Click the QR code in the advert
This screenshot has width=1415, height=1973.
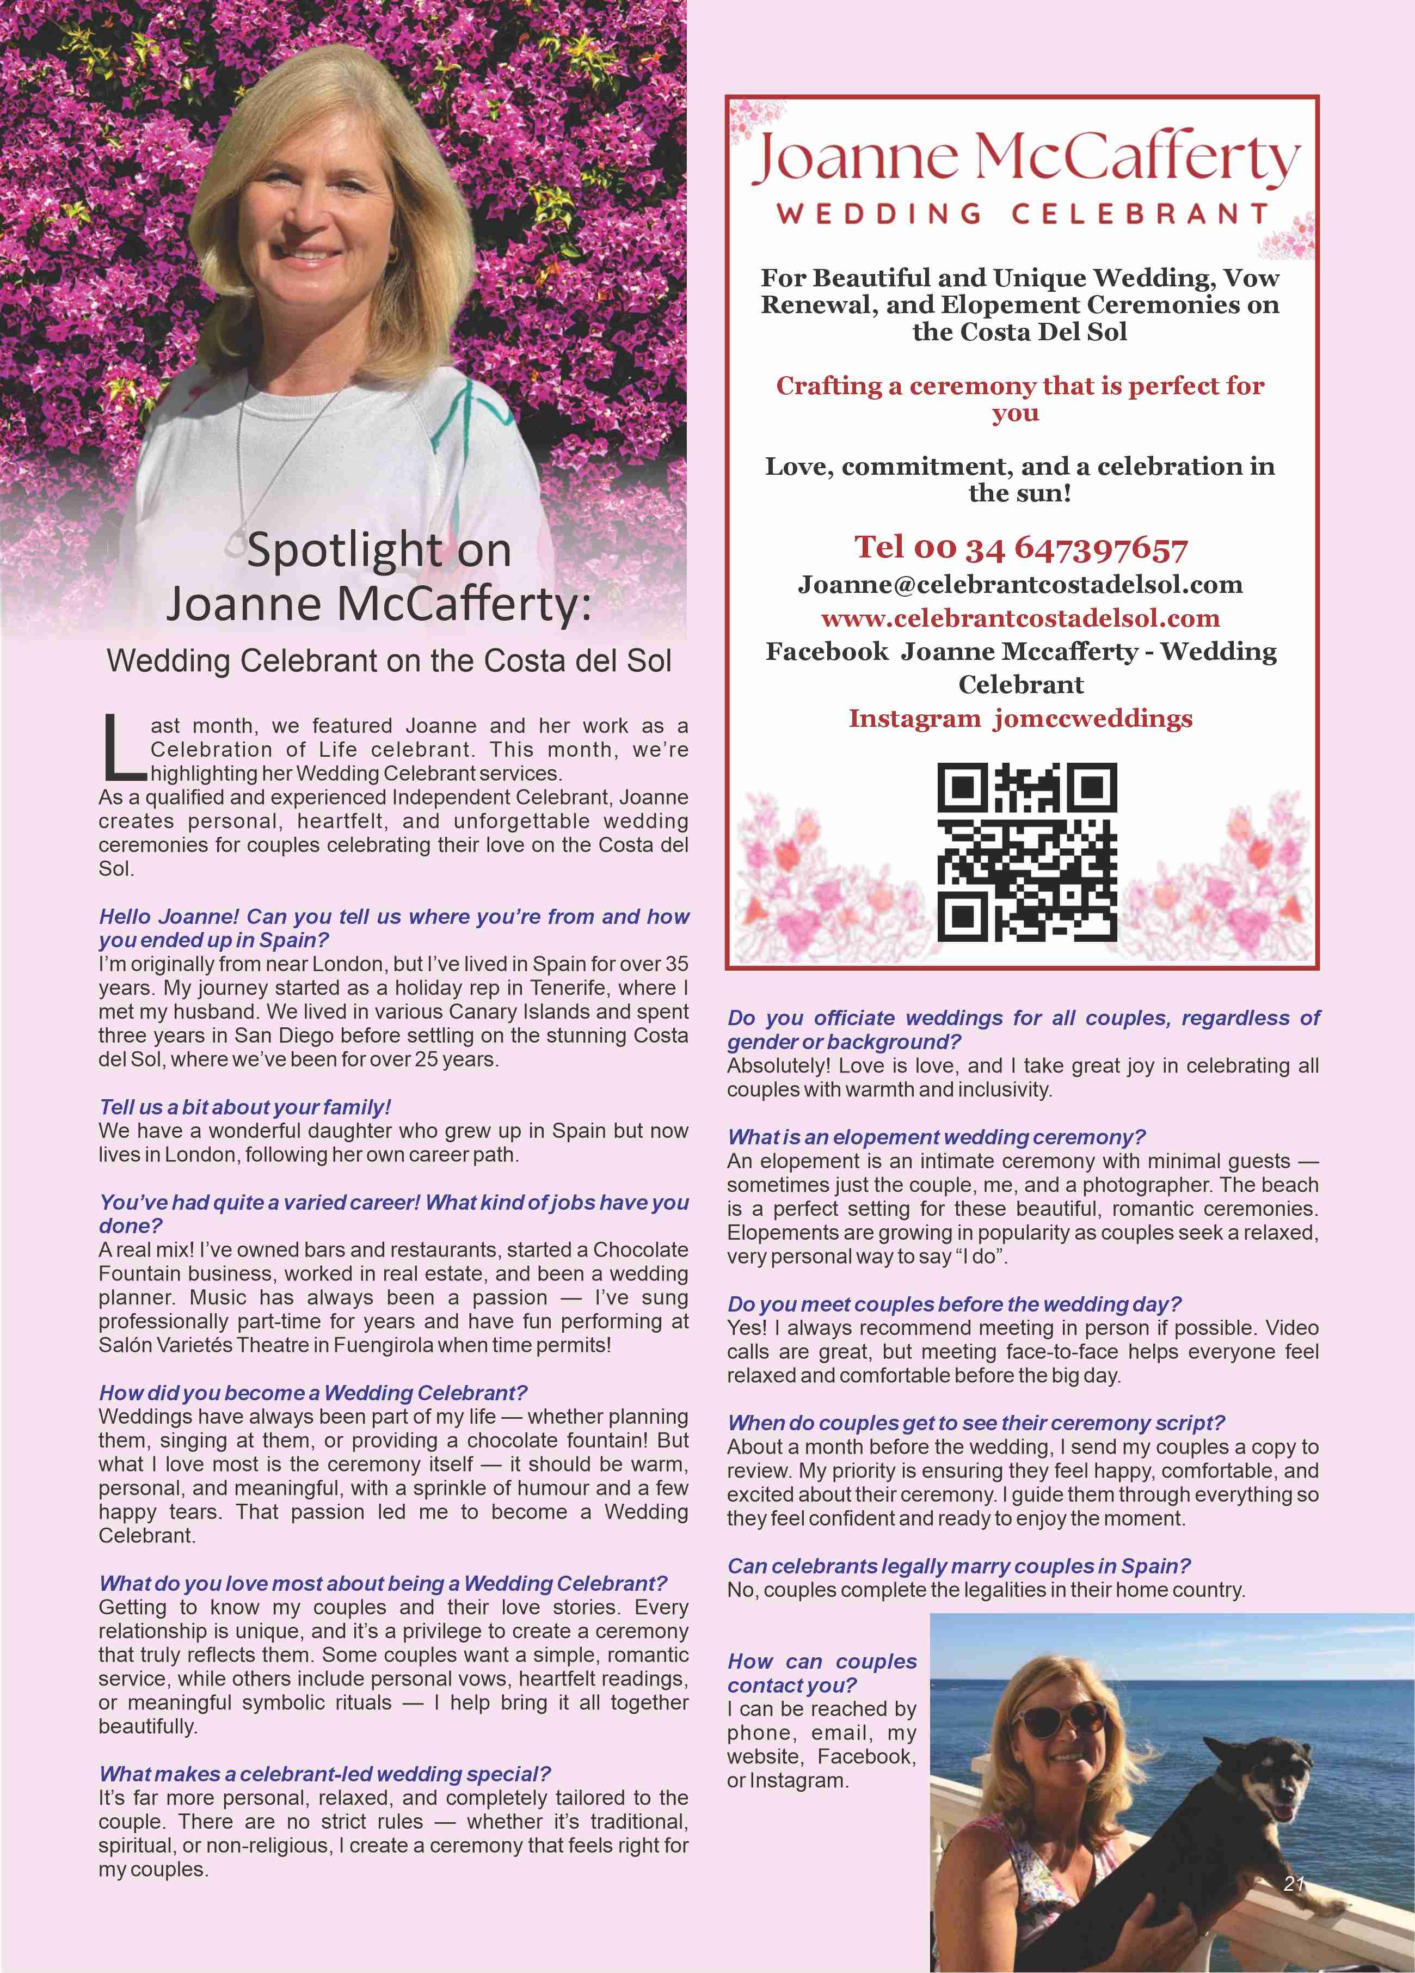tap(1026, 851)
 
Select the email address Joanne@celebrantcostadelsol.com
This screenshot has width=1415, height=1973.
tap(1020, 585)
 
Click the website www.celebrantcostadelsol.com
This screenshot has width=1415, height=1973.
tap(1020, 618)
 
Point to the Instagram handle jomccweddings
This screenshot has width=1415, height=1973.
tap(1020, 719)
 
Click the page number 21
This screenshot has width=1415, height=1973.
tap(1294, 1883)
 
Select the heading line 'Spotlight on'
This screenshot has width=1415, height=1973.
tap(378, 550)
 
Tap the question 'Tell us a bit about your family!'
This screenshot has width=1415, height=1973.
tap(245, 1107)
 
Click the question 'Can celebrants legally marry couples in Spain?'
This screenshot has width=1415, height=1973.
tap(958, 1566)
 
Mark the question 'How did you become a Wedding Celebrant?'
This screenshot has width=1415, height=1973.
tap(313, 1393)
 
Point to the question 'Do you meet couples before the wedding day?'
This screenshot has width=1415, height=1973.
tap(954, 1304)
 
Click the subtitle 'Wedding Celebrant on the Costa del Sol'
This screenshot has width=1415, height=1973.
tap(389, 661)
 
